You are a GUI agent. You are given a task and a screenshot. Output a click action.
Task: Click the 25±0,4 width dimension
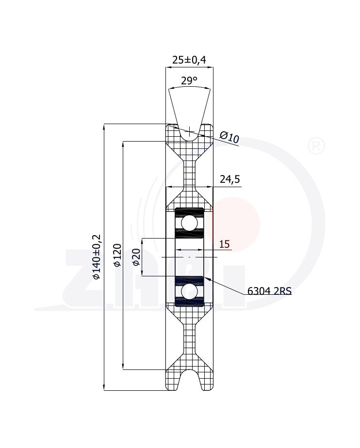coord(189,60)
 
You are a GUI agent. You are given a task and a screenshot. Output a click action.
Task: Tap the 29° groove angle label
coord(189,81)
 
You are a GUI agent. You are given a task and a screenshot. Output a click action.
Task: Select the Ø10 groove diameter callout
coord(229,137)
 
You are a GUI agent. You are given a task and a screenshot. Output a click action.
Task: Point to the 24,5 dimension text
coord(230,179)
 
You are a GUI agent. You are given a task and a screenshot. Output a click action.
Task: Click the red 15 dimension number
coord(225,244)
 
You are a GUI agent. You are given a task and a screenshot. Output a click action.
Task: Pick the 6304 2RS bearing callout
coord(269,291)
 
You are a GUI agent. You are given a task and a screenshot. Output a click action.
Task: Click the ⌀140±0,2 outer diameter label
coord(97,256)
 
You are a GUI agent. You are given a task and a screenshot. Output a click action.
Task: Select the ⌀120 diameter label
coord(117,255)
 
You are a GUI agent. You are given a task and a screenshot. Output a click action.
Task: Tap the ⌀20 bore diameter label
coord(136,257)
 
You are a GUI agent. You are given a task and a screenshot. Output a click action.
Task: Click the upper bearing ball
coord(189,223)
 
